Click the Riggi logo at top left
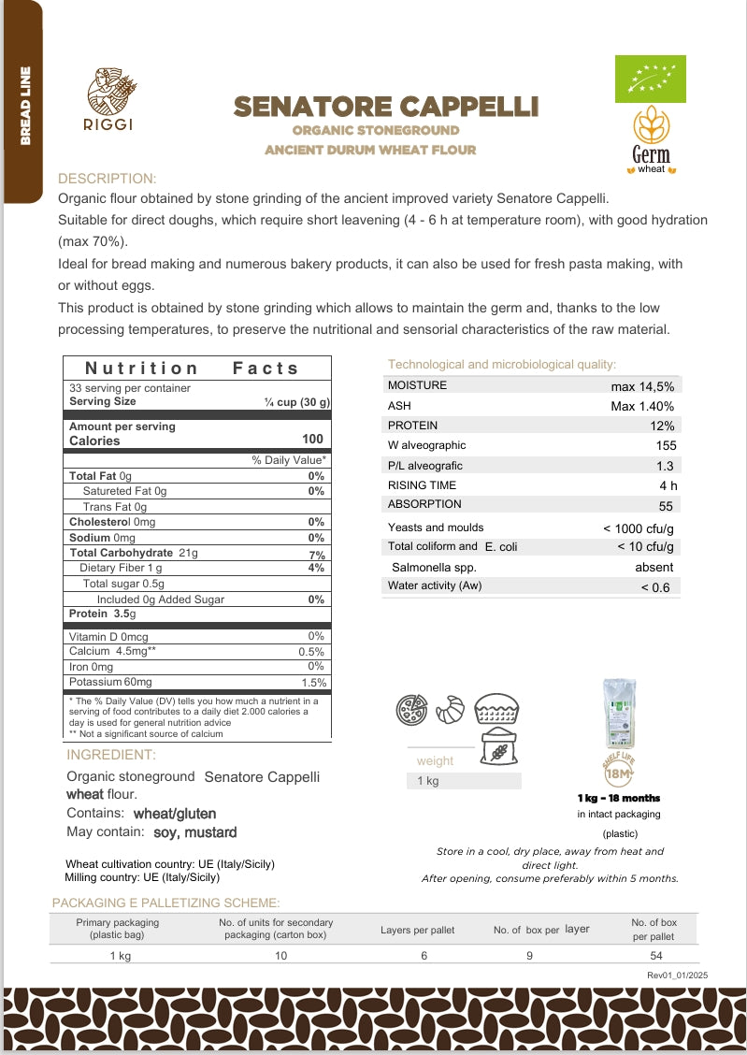coord(110,98)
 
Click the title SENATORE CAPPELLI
coord(385,107)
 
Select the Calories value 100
coord(312,439)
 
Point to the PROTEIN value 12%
coord(663,426)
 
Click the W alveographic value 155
coord(666,445)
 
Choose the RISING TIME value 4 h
coord(668,485)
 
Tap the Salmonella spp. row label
coord(434,567)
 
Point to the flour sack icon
coord(499,749)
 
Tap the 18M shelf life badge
coord(619,772)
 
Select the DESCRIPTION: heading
coord(108,179)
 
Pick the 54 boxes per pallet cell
coord(654,955)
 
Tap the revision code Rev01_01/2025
coord(677,976)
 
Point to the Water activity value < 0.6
coord(654,587)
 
